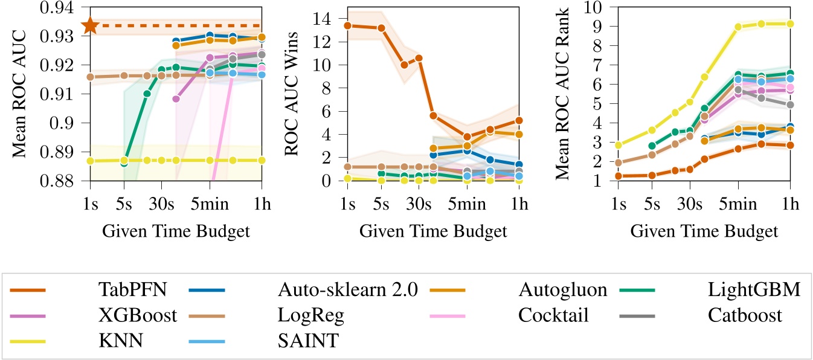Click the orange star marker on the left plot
(x=90, y=25)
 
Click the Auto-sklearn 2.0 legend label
(x=347, y=291)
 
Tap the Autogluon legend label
(x=563, y=291)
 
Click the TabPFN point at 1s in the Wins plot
(x=347, y=25)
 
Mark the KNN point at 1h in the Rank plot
(x=790, y=24)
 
